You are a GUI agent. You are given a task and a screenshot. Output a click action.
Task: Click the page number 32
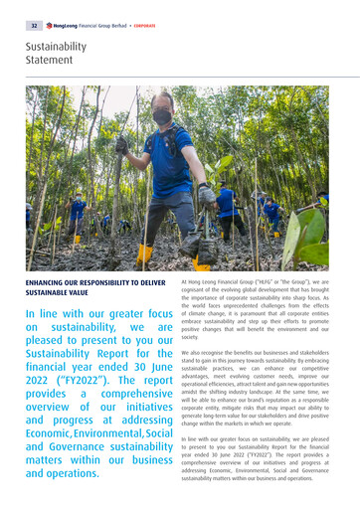pos(33,25)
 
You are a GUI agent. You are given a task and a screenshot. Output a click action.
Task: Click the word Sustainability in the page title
pos(56,47)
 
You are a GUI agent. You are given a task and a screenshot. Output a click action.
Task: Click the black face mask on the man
pos(161,117)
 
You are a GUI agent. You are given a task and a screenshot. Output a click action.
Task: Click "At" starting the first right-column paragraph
pos(185,282)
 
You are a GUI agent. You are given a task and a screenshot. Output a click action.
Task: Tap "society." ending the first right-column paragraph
pos(192,337)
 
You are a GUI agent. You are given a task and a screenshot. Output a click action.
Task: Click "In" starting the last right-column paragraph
pos(184,438)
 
